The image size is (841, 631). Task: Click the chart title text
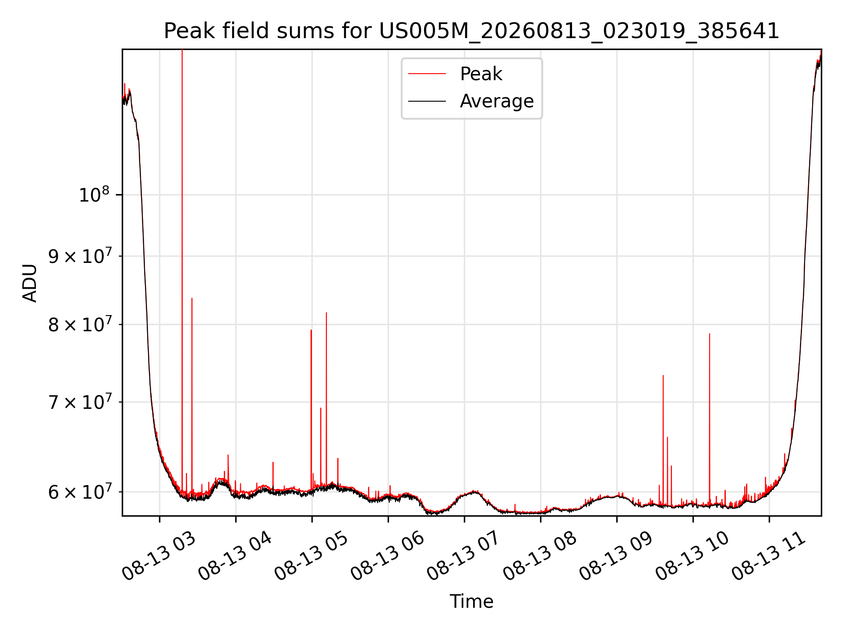(471, 31)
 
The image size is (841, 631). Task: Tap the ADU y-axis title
(30, 283)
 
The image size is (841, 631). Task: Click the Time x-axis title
(471, 602)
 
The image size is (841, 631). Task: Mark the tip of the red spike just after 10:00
(710, 334)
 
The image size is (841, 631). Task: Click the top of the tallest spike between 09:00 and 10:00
(663, 376)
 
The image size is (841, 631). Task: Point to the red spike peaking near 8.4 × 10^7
(192, 298)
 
